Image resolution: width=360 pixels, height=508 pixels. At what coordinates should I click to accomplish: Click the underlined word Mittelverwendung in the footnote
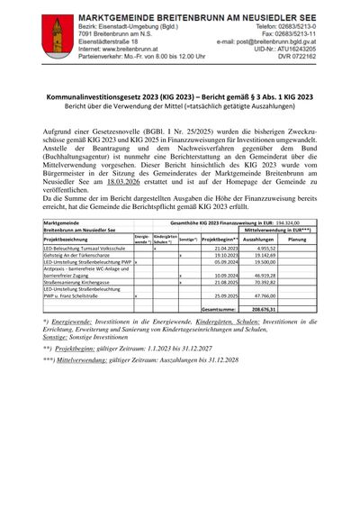(82, 384)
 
